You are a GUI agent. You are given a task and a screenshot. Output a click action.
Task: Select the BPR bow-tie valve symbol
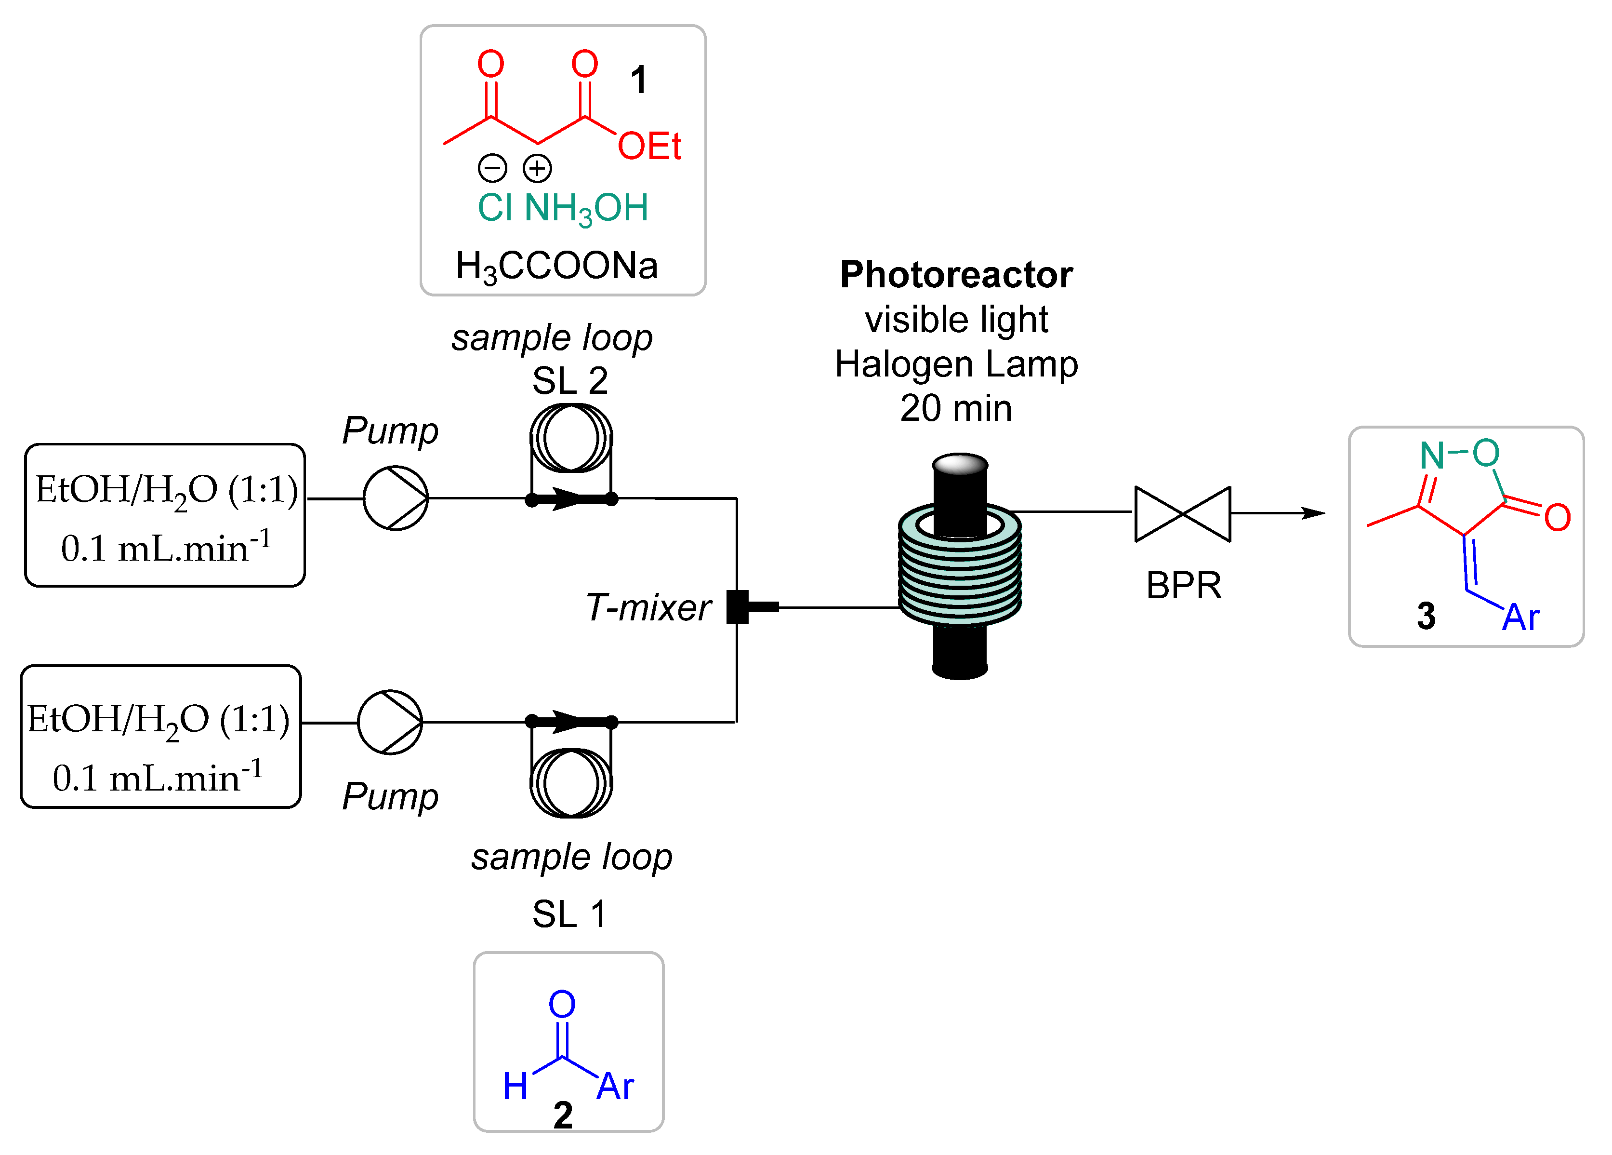[1183, 513]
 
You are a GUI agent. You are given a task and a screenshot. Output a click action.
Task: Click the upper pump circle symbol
[395, 498]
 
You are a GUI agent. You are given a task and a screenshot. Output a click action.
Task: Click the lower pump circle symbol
[389, 722]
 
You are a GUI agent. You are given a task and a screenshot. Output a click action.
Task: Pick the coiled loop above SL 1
[571, 782]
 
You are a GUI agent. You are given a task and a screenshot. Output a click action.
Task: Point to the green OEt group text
[649, 147]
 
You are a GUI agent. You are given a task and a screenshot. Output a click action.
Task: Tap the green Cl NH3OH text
[562, 208]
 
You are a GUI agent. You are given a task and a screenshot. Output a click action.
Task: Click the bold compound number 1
[638, 80]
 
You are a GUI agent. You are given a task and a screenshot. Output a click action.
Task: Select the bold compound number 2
[562, 1115]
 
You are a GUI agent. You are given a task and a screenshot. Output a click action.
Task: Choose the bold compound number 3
[1425, 616]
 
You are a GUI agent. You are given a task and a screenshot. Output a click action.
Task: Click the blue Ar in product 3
[1520, 618]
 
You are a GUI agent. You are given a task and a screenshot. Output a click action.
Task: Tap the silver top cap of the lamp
[960, 464]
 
